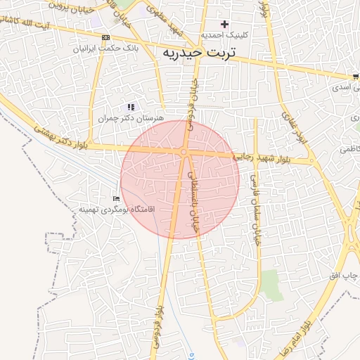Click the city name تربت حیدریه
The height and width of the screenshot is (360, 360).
pyautogui.click(x=202, y=53)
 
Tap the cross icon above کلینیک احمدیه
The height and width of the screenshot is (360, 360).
pyautogui.click(x=224, y=25)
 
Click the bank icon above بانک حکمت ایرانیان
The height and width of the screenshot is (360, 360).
pyautogui.click(x=105, y=37)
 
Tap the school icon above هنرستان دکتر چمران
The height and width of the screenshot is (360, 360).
pyautogui.click(x=131, y=107)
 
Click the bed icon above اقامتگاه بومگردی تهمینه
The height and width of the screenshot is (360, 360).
pyautogui.click(x=117, y=199)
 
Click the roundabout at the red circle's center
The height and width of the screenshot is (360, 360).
pyautogui.click(x=183, y=152)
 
